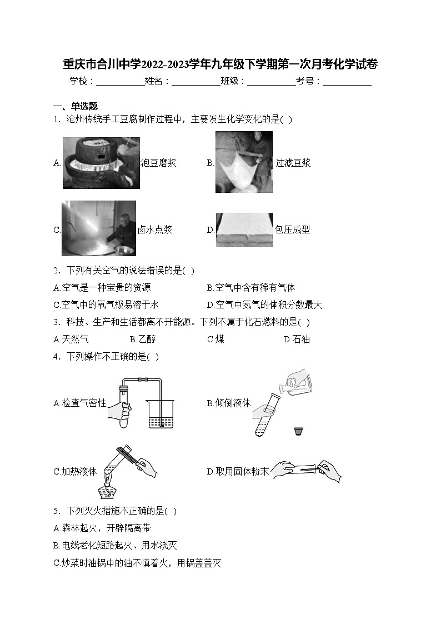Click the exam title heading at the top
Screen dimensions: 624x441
(220, 64)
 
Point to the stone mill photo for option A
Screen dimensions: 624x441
(101, 163)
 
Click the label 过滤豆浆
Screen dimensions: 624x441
(293, 163)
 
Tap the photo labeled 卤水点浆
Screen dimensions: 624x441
(98, 228)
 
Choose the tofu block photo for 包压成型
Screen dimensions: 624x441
(244, 229)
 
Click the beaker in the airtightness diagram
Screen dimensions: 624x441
(161, 413)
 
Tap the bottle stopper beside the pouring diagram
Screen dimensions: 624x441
(299, 431)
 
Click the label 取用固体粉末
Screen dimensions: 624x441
(238, 471)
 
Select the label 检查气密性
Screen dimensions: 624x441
(80, 403)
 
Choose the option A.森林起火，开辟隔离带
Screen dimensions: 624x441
(102, 528)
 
